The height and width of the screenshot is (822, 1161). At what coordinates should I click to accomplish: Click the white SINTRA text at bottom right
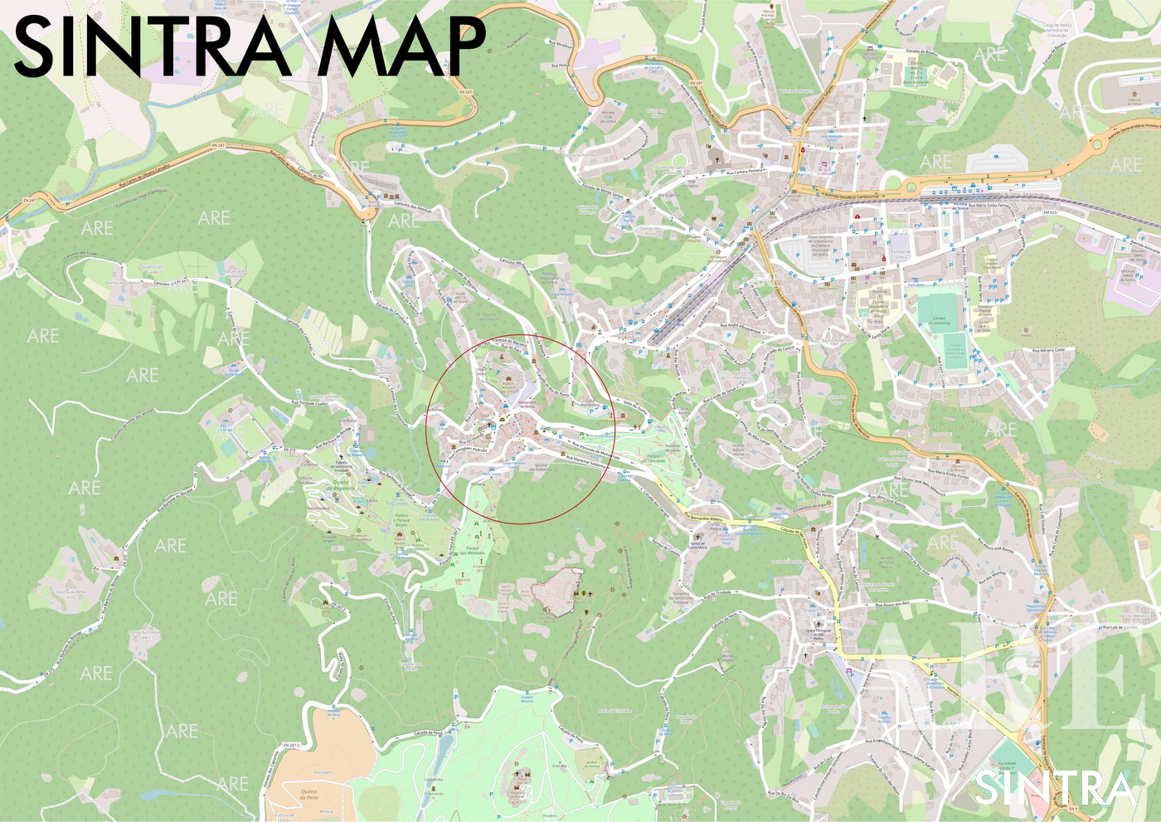(1054, 788)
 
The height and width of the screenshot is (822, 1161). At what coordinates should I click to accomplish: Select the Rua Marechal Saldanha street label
(587, 461)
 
